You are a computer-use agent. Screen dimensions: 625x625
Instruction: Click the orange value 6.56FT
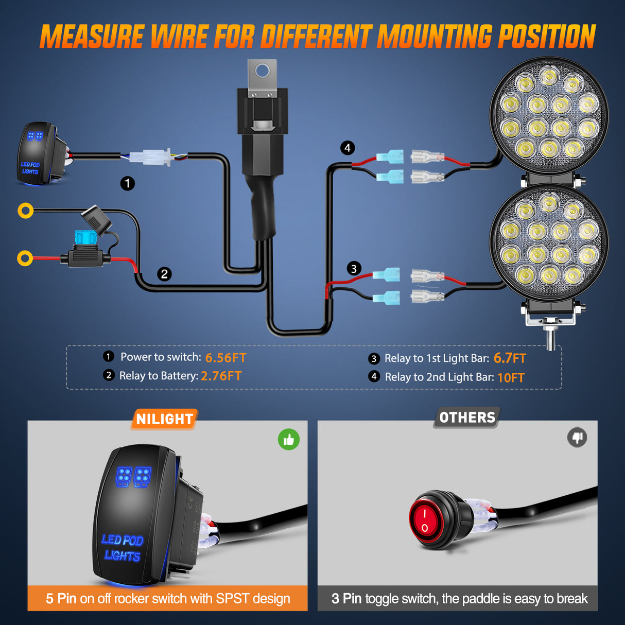tap(225, 358)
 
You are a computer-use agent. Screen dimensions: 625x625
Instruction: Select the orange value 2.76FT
tap(221, 376)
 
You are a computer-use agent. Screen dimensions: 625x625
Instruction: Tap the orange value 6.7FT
tap(510, 358)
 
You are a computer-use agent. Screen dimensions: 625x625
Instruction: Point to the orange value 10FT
tap(511, 378)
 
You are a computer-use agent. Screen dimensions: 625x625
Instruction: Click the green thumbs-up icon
tap(289, 440)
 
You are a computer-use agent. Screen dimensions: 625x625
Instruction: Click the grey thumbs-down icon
tap(577, 438)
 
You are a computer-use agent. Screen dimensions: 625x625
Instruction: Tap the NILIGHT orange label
tap(164, 420)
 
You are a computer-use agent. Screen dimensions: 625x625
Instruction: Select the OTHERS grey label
tap(467, 418)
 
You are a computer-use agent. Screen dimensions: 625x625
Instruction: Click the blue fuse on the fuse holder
tap(84, 238)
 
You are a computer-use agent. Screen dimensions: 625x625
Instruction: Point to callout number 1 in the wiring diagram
tap(128, 183)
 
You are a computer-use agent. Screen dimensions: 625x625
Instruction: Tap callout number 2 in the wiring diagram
tap(164, 274)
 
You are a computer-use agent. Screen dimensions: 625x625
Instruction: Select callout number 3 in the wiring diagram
tap(354, 269)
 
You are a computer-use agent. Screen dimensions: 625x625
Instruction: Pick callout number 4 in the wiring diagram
tap(348, 148)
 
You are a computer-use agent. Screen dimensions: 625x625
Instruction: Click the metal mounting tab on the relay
tap(263, 77)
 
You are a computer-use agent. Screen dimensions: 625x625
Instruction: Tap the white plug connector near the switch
tap(150, 157)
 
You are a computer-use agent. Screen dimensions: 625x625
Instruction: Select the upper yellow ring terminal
tap(25, 211)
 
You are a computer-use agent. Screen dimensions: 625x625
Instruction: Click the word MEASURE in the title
tap(92, 37)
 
